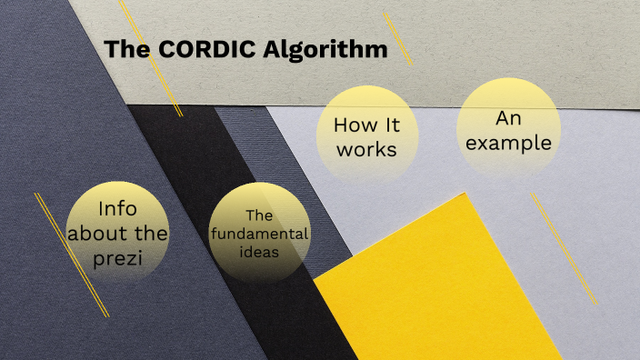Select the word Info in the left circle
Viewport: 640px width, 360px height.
click(x=117, y=208)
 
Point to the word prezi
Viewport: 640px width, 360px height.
click(x=117, y=258)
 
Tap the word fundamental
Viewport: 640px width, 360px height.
click(x=260, y=234)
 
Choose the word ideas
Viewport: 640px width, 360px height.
click(x=260, y=251)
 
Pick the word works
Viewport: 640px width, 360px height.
click(x=366, y=149)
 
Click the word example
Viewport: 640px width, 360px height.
click(x=506, y=143)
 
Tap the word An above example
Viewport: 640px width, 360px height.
click(x=506, y=118)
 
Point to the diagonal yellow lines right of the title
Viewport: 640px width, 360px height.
click(x=397, y=38)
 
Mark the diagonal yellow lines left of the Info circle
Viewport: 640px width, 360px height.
click(x=71, y=255)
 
